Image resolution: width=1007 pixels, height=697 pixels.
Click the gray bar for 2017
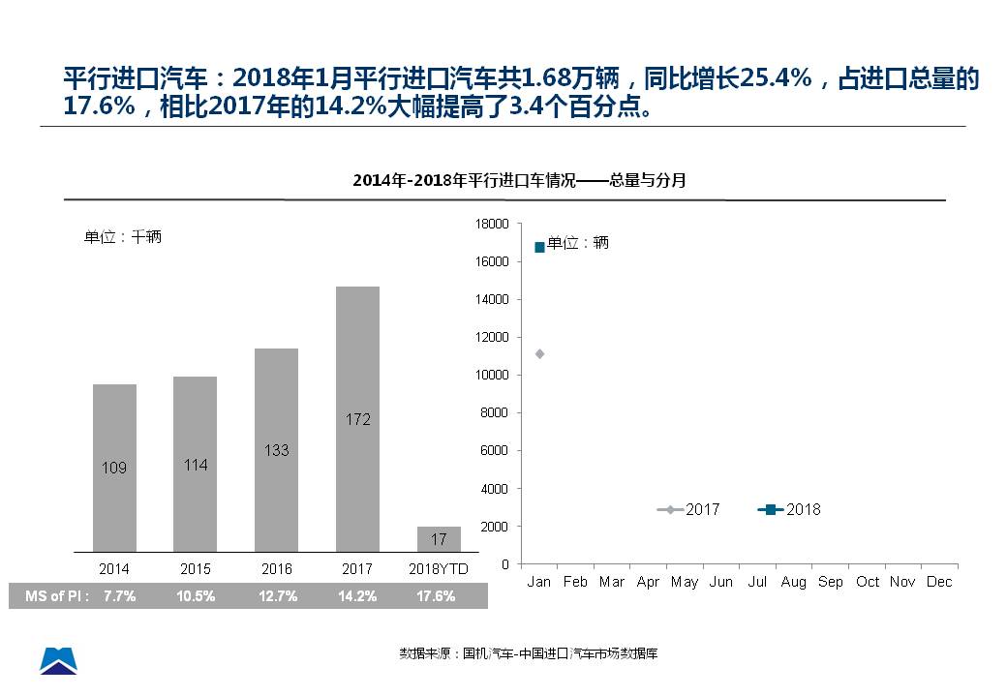click(x=358, y=418)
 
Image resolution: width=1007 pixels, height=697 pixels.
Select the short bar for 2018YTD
click(x=439, y=539)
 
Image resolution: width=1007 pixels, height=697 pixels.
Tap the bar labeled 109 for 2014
click(x=114, y=468)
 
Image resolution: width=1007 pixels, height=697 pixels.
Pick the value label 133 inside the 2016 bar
click(x=276, y=450)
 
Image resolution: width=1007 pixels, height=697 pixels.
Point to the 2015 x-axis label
click(x=196, y=570)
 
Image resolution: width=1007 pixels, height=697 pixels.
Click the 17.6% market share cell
click(x=436, y=596)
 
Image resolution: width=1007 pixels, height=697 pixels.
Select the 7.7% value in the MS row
click(x=120, y=596)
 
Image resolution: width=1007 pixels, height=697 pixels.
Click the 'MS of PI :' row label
click(x=57, y=596)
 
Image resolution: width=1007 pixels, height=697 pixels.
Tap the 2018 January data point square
click(x=539, y=248)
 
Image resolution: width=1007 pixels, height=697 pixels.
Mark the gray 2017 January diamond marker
click(x=539, y=353)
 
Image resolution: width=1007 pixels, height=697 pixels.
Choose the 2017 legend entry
click(x=689, y=509)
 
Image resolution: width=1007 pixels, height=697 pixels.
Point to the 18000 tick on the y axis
click(x=493, y=224)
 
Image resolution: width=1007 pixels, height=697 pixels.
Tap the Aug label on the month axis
click(x=794, y=582)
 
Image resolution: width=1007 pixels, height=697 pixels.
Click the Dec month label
click(x=939, y=582)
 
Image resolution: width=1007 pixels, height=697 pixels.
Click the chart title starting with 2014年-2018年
click(x=519, y=180)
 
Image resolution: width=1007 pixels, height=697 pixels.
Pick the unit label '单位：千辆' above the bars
click(x=123, y=237)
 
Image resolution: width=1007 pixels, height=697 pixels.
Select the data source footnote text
click(x=529, y=653)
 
